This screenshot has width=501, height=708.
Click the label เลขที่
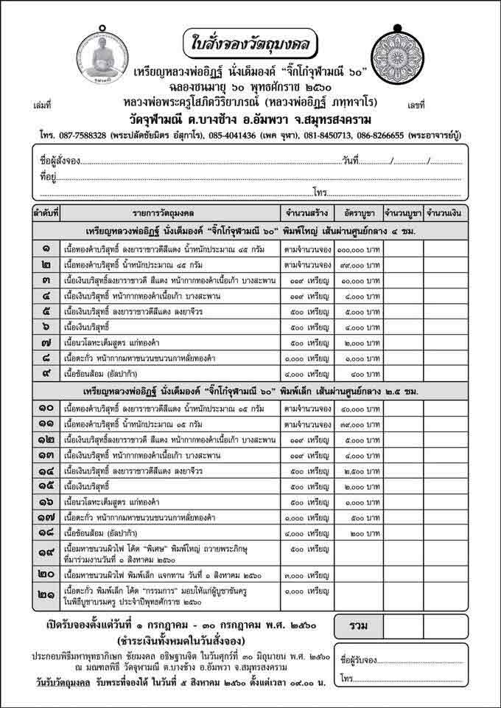[416, 105]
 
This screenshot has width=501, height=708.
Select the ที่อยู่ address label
[49, 176]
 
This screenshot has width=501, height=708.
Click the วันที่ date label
[351, 160]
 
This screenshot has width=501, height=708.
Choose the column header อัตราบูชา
[359, 213]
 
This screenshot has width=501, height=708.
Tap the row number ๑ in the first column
[46, 249]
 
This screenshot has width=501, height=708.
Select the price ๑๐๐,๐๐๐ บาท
[359, 249]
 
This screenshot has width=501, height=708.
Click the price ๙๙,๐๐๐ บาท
[359, 264]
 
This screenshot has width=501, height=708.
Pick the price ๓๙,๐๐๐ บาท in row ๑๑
[359, 423]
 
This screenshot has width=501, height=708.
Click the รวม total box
[359, 625]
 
